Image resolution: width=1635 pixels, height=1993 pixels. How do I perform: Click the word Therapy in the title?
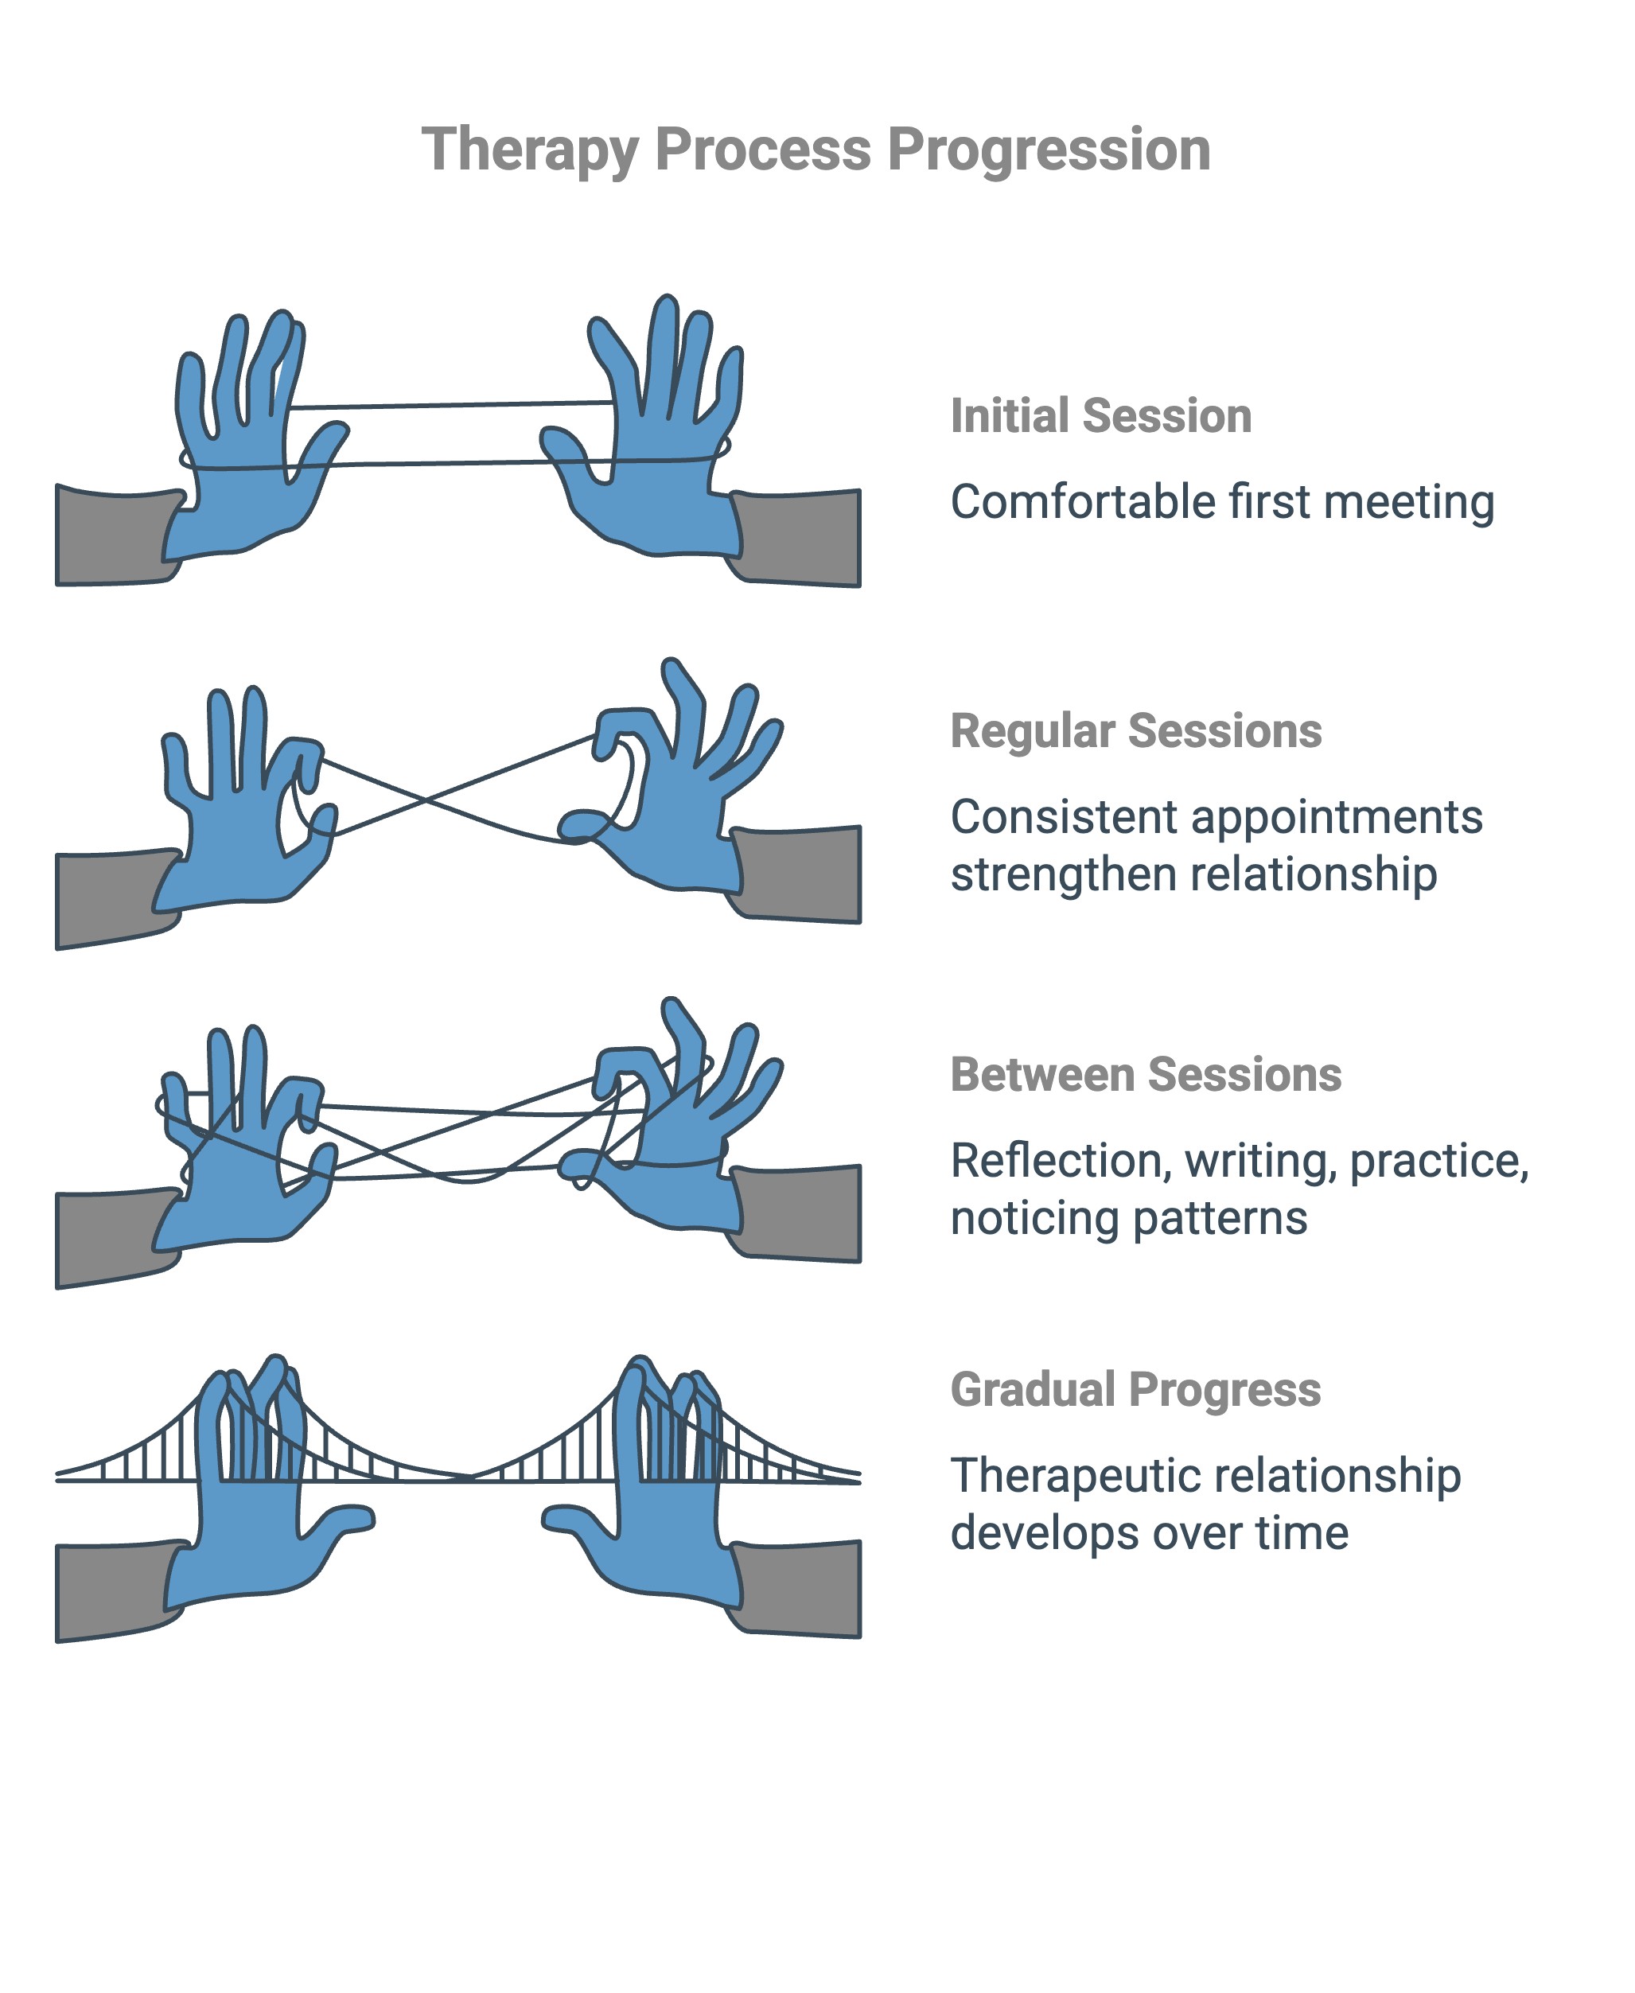529,150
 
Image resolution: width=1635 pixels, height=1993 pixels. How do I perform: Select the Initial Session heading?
1100,416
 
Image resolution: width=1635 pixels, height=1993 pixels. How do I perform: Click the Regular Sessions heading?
1135,731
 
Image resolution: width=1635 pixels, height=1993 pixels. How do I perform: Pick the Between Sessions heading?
1145,1075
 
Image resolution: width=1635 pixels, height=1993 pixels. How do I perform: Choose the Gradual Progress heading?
1135,1389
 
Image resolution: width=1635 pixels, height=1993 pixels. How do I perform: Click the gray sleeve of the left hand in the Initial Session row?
111,537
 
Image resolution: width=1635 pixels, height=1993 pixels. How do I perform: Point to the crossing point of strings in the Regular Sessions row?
426,800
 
